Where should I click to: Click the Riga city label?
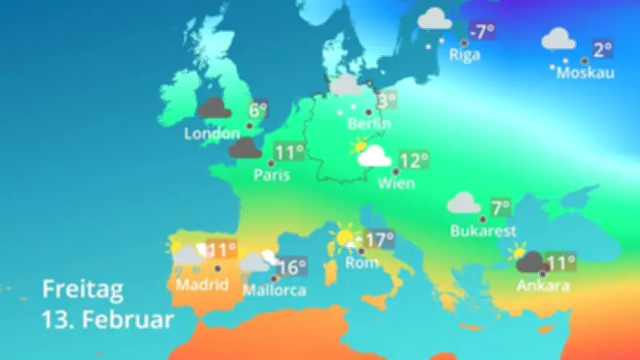(x=465, y=55)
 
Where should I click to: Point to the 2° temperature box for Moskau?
(x=602, y=48)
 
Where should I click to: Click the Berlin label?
(x=369, y=124)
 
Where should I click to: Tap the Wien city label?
(x=396, y=184)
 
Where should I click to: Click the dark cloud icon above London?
(x=214, y=108)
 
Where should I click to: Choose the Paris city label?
(x=270, y=175)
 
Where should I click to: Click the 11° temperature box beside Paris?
(x=290, y=152)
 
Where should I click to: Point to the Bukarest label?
(x=483, y=231)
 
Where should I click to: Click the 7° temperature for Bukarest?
(x=501, y=208)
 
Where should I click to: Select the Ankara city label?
(x=542, y=286)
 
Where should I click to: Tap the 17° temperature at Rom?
(x=380, y=239)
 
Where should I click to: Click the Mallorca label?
(x=274, y=290)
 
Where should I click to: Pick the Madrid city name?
(x=202, y=284)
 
